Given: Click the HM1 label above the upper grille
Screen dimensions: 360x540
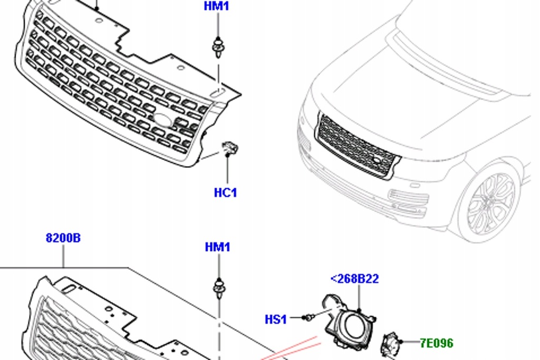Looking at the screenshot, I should pyautogui.click(x=217, y=7).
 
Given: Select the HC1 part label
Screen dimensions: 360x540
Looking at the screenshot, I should pyautogui.click(x=225, y=193).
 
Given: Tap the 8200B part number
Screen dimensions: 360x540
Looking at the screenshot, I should pyautogui.click(x=63, y=238).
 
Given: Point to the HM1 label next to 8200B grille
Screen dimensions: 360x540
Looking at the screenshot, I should pyautogui.click(x=217, y=247).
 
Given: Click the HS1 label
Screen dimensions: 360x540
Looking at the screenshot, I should pyautogui.click(x=275, y=319).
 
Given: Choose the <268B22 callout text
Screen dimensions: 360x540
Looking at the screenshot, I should pyautogui.click(x=354, y=279).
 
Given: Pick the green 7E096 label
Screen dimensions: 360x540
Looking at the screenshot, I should pyautogui.click(x=436, y=343).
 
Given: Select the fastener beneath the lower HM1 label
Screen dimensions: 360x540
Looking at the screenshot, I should pyautogui.click(x=218, y=288).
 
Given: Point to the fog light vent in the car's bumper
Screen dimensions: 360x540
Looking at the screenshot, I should pyautogui.click(x=408, y=202).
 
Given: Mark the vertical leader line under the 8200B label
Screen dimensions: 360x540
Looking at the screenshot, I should pyautogui.click(x=63, y=256).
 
